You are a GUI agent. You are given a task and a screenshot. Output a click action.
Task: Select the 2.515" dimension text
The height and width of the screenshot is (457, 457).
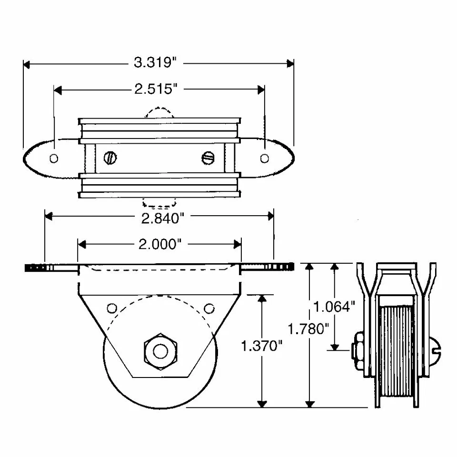tap(159, 89)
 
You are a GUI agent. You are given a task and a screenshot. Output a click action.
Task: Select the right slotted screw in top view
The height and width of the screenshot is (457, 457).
tap(209, 158)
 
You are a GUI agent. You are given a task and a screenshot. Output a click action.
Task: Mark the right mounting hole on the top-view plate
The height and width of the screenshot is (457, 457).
tap(265, 158)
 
